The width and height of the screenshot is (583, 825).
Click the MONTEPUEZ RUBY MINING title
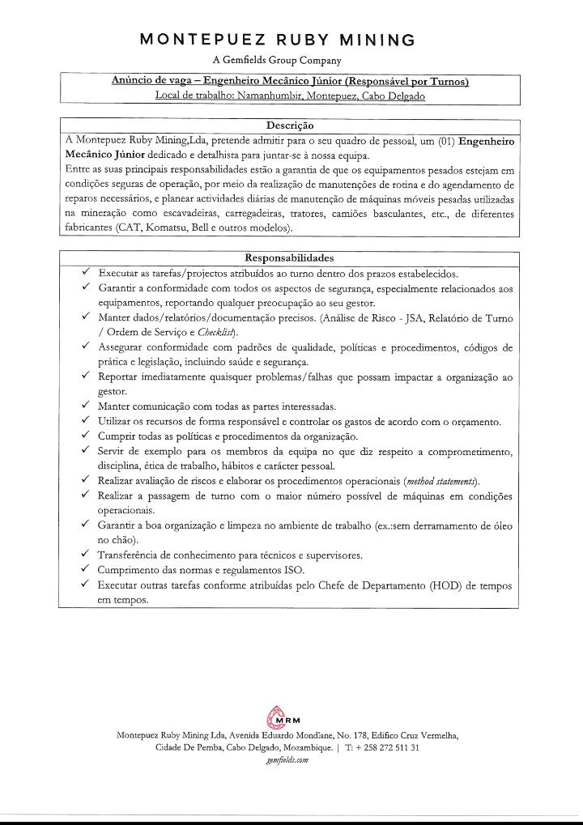tap(278, 40)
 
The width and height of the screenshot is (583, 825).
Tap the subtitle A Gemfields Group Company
tap(278, 60)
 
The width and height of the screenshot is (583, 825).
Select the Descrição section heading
tap(290, 125)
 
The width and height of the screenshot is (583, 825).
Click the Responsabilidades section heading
tap(289, 257)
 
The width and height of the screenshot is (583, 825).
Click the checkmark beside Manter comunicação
tap(87, 406)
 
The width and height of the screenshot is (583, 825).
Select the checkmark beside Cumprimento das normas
tap(87, 570)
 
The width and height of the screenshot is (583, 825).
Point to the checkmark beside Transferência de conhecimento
tap(87, 555)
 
